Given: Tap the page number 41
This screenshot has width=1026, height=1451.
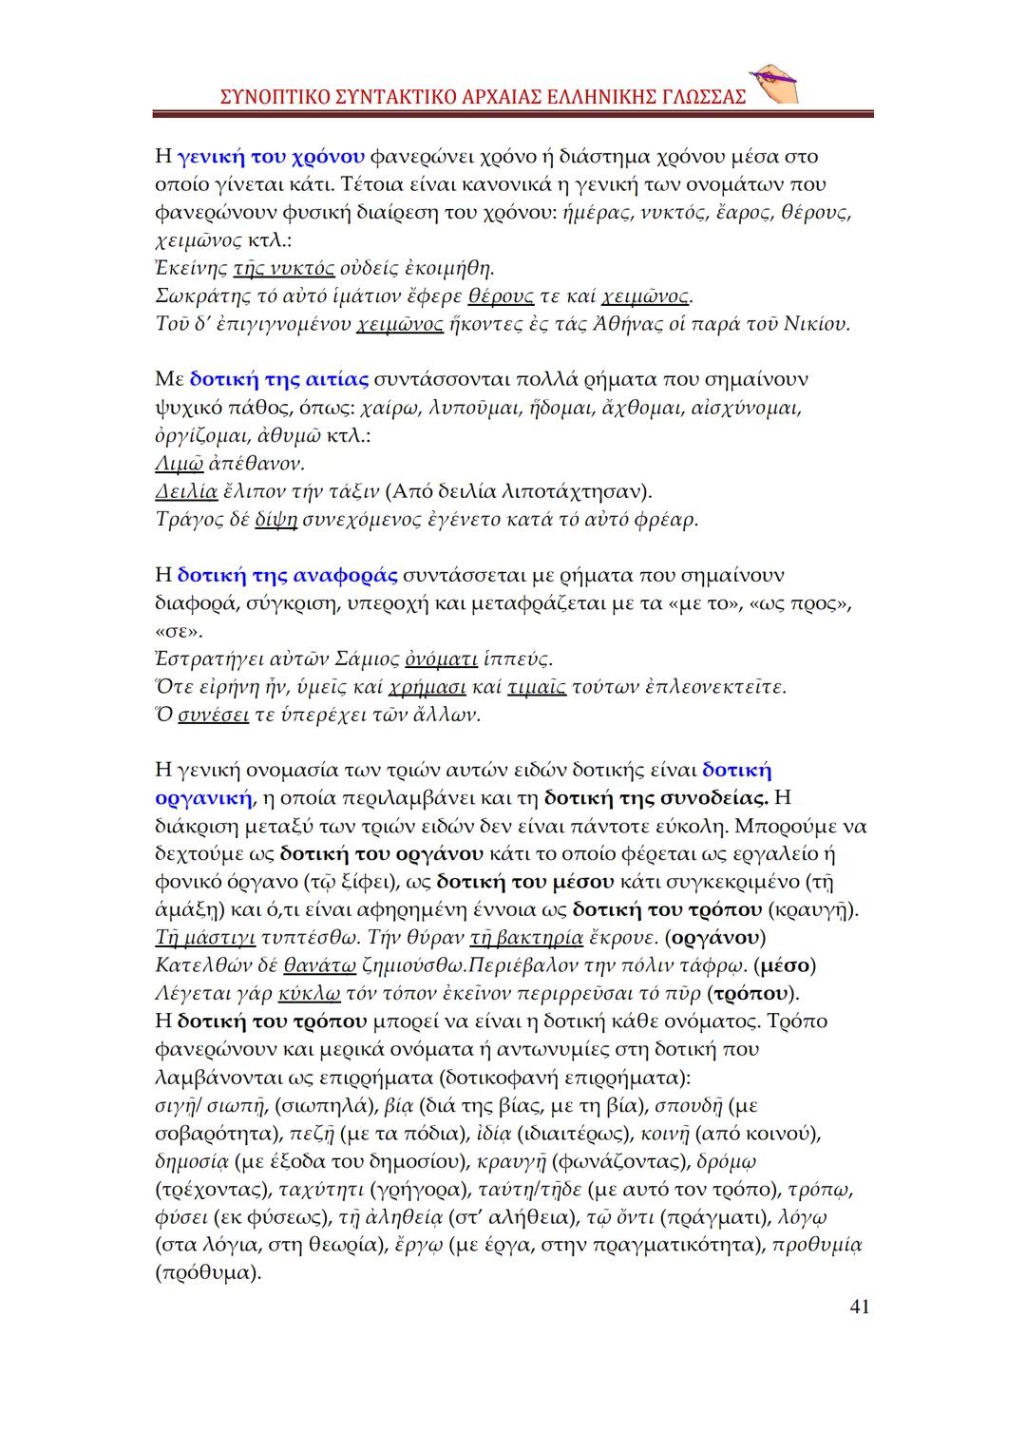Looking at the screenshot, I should coord(858,1308).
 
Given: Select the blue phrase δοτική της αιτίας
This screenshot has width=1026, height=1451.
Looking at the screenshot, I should coord(279,379).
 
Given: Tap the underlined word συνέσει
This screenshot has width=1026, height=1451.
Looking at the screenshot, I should coord(214,714).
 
